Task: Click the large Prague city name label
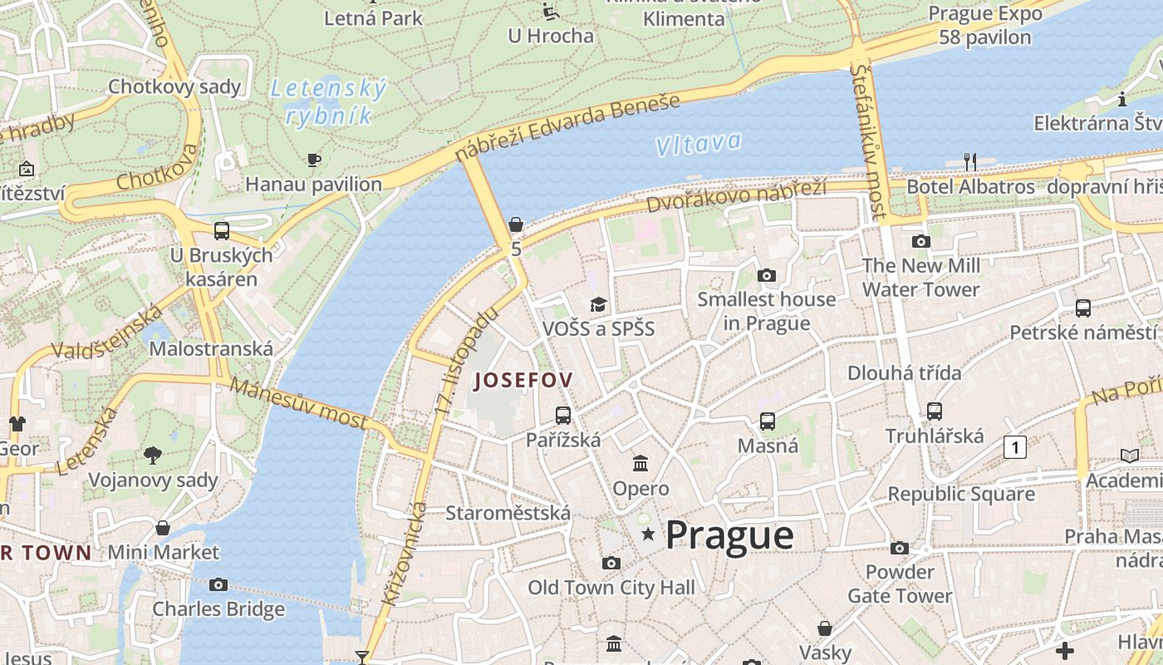(x=729, y=535)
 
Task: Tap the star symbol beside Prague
(x=648, y=534)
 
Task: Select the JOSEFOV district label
(x=523, y=381)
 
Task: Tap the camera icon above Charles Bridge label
(x=218, y=584)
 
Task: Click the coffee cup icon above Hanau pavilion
(x=313, y=160)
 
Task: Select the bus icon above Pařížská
(x=563, y=415)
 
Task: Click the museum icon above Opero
(x=640, y=463)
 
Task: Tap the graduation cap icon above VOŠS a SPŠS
(x=598, y=304)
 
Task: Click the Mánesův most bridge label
(x=298, y=403)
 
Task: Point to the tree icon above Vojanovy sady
(x=152, y=455)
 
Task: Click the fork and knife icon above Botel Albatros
(x=969, y=160)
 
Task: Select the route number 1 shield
(x=1014, y=446)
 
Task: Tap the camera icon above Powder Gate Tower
(x=900, y=548)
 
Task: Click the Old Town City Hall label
(x=611, y=588)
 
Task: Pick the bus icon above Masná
(x=768, y=421)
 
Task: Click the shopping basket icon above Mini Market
(x=163, y=528)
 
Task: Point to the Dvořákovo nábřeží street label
(x=736, y=195)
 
